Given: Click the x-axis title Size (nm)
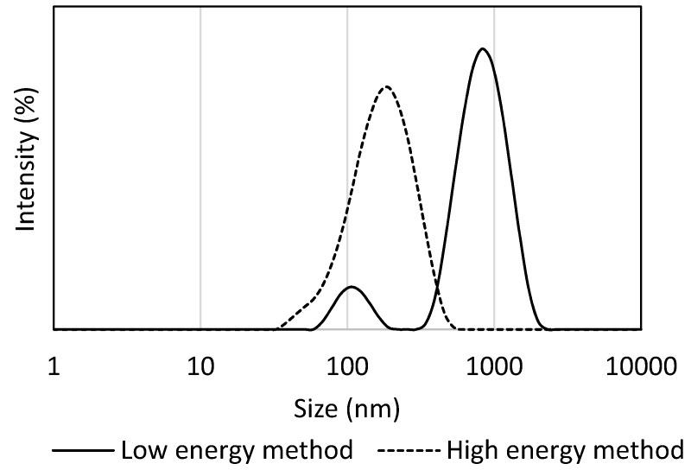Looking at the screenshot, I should [347, 406].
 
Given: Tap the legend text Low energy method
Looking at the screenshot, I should [237, 449].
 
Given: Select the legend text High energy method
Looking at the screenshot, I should [565, 449].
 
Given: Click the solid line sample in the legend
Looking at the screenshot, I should [83, 450].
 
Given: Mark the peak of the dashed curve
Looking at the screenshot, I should [386, 86].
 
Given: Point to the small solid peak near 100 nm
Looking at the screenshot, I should [351, 286].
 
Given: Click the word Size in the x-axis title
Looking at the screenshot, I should [313, 406].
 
